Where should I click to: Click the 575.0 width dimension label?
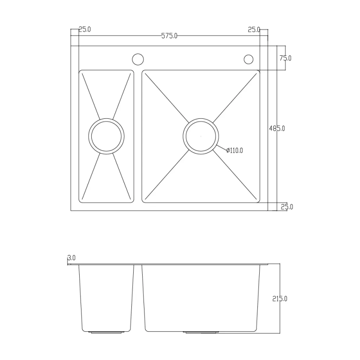click(169, 36)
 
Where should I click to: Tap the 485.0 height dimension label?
click(277, 128)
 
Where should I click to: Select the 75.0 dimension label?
click(285, 58)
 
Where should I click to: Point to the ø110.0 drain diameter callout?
click(234, 150)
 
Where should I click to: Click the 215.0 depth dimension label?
click(279, 299)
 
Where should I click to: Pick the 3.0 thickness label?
click(72, 258)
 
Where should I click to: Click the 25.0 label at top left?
click(85, 29)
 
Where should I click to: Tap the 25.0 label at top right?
click(254, 30)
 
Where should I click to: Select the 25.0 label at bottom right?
click(287, 207)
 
